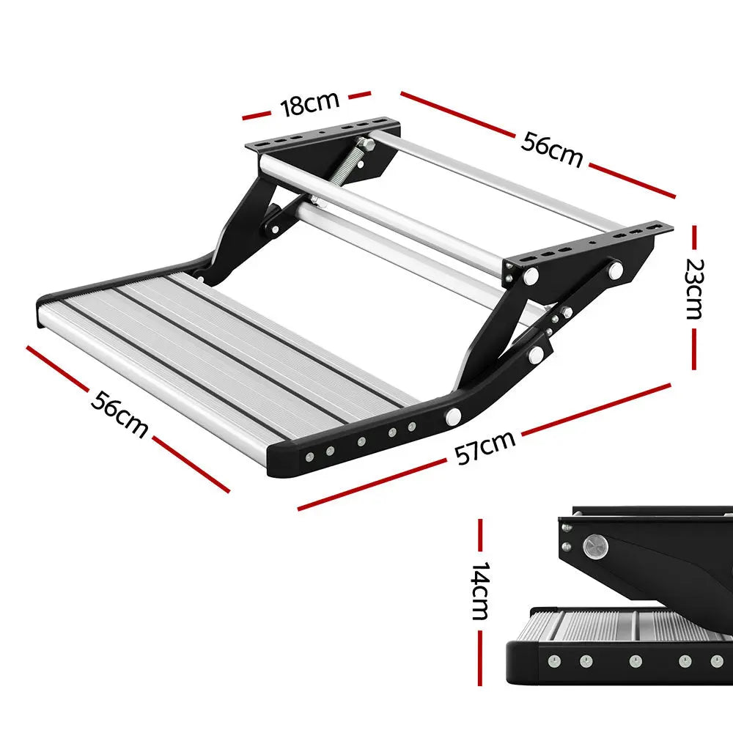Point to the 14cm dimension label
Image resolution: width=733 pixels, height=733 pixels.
tap(480, 592)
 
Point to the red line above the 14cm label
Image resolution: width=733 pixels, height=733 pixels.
tap(481, 539)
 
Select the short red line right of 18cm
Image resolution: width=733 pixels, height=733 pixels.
tap(359, 95)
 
